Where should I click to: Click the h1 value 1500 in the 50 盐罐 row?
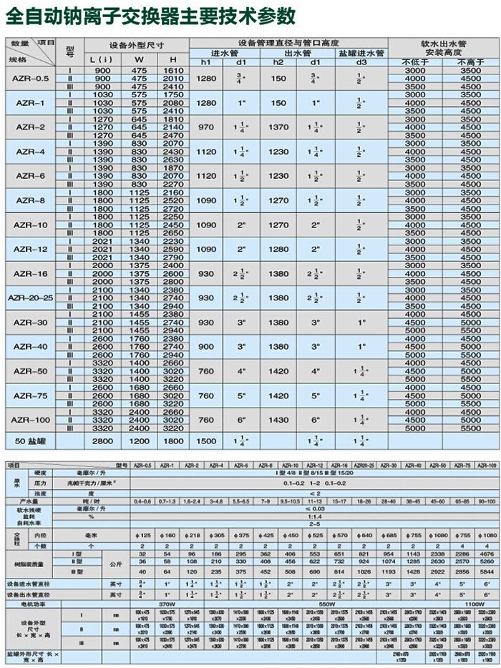(x=206, y=441)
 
